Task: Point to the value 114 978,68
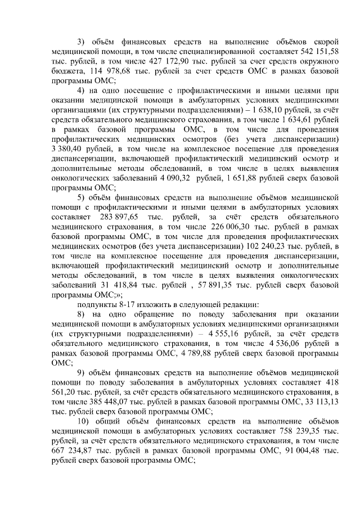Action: [x=104, y=72]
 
